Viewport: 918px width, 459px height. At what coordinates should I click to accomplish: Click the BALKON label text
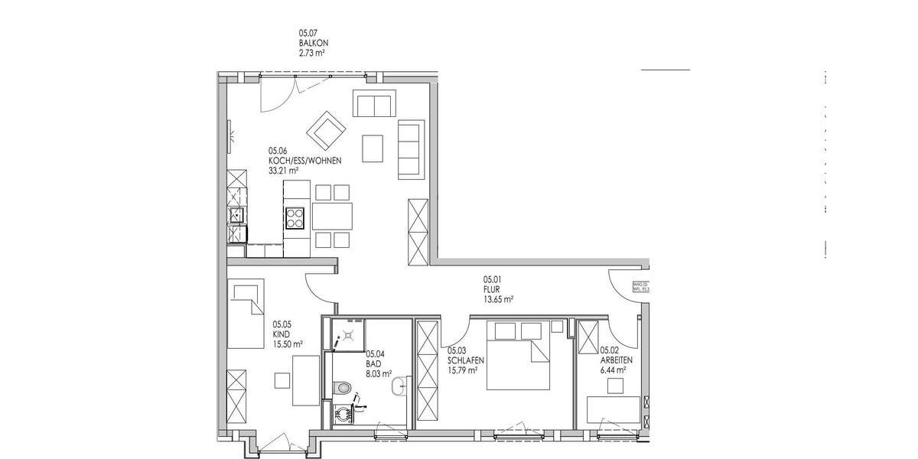(x=314, y=44)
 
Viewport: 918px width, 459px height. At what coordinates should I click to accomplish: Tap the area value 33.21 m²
(x=283, y=171)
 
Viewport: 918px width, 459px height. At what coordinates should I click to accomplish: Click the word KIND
(x=280, y=334)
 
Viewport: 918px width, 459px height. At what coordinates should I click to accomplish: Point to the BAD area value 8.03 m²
(x=379, y=374)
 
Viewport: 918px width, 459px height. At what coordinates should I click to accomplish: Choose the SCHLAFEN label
(x=466, y=360)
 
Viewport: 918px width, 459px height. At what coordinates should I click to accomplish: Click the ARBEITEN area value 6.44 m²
(x=614, y=369)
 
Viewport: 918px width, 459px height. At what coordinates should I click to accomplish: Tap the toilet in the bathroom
(x=343, y=388)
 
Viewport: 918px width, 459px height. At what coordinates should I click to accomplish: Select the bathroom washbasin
(x=398, y=389)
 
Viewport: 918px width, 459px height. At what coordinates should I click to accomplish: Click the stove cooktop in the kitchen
(x=295, y=218)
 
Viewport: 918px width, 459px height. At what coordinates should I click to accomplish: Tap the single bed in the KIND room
(x=246, y=314)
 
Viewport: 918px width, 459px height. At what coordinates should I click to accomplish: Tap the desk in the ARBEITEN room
(x=613, y=409)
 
